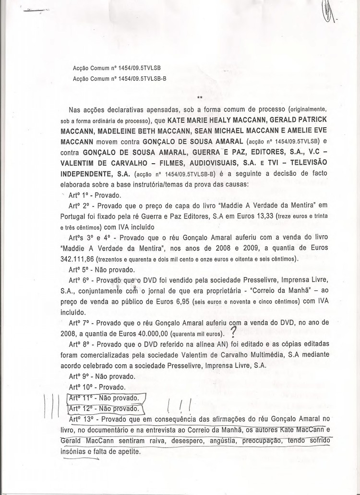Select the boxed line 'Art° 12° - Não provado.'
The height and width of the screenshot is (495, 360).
(x=104, y=409)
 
